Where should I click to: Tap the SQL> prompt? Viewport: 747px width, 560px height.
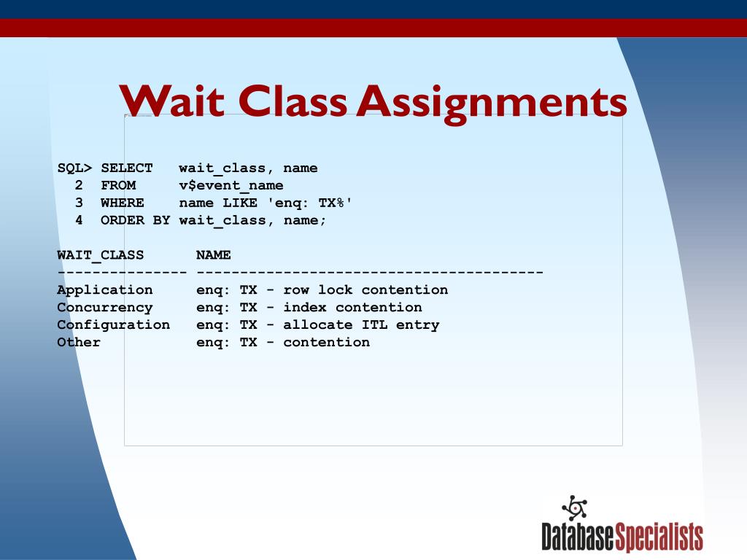[75, 168]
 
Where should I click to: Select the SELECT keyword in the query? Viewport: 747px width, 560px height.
[127, 168]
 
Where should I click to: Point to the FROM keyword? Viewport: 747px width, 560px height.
[118, 186]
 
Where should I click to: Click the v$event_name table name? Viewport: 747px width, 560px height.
[231, 186]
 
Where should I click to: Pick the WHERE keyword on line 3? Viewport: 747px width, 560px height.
[123, 203]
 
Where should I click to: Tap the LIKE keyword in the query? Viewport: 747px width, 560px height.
[240, 203]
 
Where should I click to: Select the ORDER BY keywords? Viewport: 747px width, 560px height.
[136, 220]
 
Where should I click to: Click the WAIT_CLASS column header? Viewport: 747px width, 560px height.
[101, 255]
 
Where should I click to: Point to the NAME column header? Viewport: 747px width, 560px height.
[214, 255]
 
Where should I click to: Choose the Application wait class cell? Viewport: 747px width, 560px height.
[105, 290]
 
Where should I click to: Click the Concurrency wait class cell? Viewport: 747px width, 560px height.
[105, 308]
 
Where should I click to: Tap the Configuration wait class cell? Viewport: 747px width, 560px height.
[114, 325]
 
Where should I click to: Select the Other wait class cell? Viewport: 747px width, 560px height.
[79, 343]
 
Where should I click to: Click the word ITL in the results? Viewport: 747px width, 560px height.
[374, 325]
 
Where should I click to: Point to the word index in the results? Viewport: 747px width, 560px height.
[305, 308]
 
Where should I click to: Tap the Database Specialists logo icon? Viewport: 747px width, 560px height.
[575, 507]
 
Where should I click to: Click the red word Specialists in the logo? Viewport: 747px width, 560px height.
[659, 537]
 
